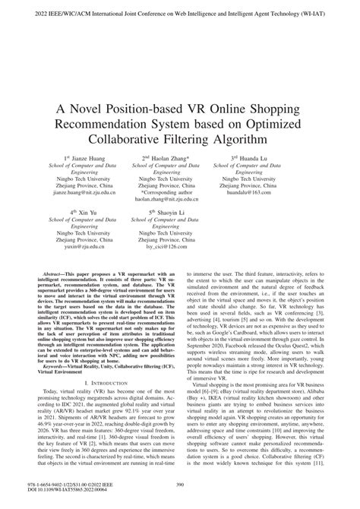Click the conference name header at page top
click(180, 13)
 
